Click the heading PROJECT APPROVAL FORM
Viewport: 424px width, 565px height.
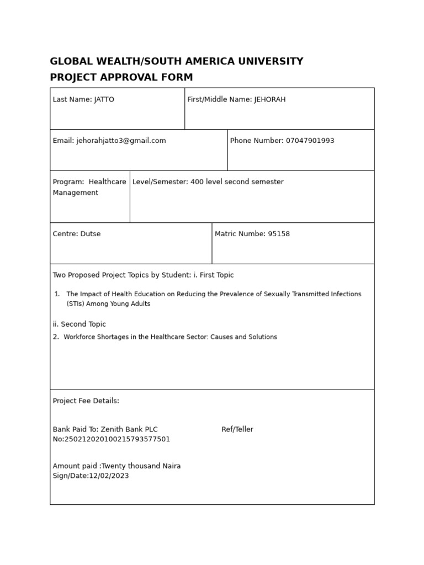coord(121,77)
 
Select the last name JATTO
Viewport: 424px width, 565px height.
coord(104,100)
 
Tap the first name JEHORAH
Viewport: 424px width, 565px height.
coord(270,100)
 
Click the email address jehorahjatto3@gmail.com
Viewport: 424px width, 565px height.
coord(121,141)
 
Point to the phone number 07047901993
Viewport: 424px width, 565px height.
coord(310,141)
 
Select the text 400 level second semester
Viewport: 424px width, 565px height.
coord(237,182)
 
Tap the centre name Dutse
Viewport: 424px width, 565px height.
coord(91,234)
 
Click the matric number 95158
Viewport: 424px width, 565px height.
coord(279,234)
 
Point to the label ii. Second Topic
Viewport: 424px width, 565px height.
coord(79,324)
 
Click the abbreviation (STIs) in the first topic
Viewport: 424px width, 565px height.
coord(77,304)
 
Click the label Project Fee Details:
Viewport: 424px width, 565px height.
coord(86,401)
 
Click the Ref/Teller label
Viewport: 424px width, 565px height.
coord(237,430)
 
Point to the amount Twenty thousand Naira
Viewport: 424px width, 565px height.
coord(141,466)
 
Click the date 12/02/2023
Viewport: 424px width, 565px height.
coord(109,476)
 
